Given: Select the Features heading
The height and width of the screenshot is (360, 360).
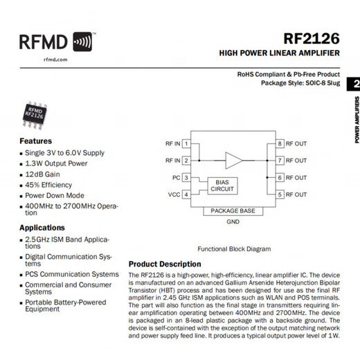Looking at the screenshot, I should [x=35, y=141].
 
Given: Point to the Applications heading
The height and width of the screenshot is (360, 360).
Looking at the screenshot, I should [x=42, y=227].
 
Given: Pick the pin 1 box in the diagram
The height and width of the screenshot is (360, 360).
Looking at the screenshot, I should [x=186, y=144].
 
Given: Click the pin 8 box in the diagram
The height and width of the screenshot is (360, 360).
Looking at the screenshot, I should [x=280, y=144].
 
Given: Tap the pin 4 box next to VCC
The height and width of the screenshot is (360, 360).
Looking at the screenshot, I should [x=186, y=195].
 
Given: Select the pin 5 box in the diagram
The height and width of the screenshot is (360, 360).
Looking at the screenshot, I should [x=280, y=195].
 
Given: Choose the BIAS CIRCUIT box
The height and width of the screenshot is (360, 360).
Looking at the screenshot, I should [x=222, y=186].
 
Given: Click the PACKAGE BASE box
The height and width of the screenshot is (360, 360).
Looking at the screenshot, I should [x=233, y=210].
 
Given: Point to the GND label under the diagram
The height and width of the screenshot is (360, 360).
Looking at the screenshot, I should [x=233, y=222].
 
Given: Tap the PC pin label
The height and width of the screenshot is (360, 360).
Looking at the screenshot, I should [x=176, y=178].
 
